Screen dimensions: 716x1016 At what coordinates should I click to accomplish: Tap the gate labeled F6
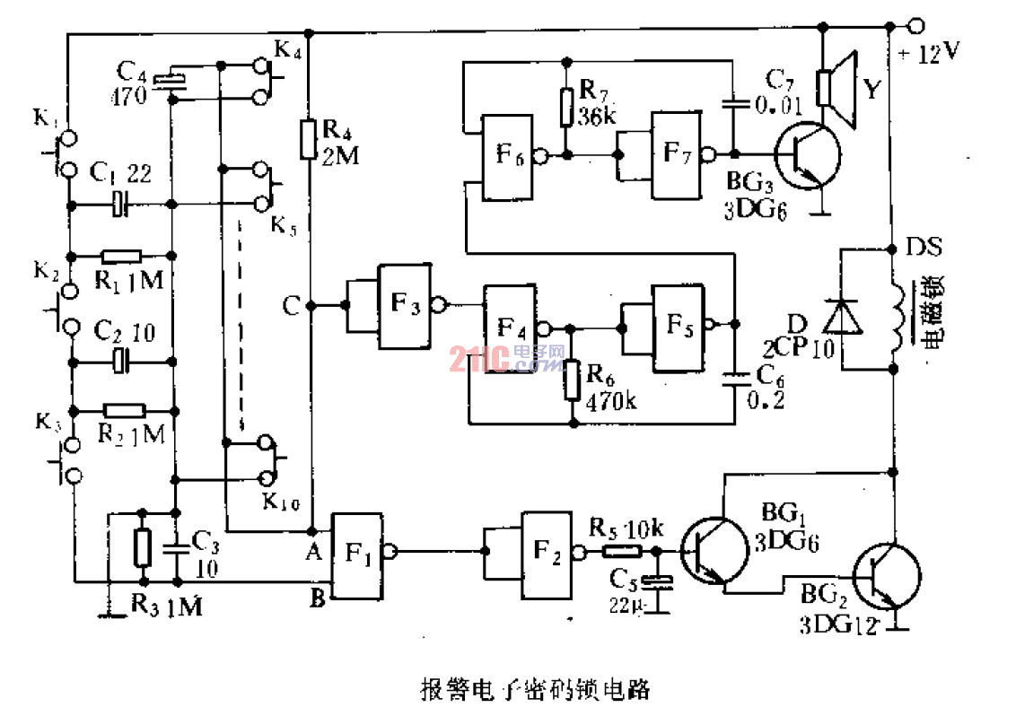point(508,156)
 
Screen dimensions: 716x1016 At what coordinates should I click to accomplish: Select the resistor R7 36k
point(565,106)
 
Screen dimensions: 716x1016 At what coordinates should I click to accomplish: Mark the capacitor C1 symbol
point(121,204)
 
